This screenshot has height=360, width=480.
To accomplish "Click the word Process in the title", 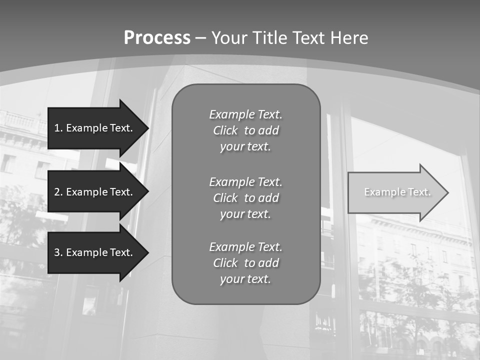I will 157,38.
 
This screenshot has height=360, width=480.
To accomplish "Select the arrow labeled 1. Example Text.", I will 95,128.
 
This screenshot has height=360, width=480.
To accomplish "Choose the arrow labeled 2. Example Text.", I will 95,192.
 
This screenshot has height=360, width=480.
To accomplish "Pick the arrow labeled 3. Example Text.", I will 95,252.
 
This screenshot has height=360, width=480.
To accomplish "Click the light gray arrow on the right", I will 395,192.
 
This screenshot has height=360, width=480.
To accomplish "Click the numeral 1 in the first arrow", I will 57,128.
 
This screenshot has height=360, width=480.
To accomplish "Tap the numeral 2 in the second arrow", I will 57,192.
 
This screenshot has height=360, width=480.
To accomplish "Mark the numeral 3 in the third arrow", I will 57,252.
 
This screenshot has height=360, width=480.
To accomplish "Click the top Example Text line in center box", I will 245,114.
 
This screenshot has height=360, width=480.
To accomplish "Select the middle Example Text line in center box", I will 245,181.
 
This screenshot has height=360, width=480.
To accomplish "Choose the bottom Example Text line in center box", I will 245,247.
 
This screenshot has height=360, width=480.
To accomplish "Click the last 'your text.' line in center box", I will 245,279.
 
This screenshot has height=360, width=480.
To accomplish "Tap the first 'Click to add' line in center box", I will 245,130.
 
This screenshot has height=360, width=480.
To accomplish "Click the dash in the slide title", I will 200,38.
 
